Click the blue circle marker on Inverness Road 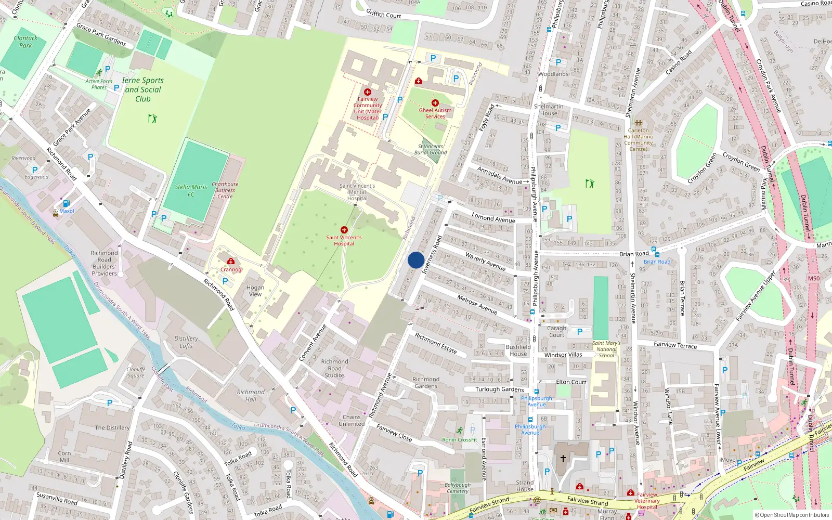pyautogui.click(x=416, y=260)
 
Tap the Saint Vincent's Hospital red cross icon pyautogui.click(x=344, y=230)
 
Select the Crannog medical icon pyautogui.click(x=231, y=262)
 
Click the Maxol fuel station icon pyautogui.click(x=66, y=203)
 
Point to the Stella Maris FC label pyautogui.click(x=190, y=190)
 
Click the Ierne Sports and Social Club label pyautogui.click(x=142, y=89)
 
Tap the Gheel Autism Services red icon pyautogui.click(x=435, y=103)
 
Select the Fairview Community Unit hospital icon pyautogui.click(x=368, y=92)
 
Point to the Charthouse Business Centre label pyautogui.click(x=225, y=190)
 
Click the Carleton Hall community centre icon pyautogui.click(x=638, y=123)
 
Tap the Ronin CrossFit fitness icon pyautogui.click(x=459, y=431)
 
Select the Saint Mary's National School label pyautogui.click(x=606, y=349)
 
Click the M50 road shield pyautogui.click(x=813, y=278)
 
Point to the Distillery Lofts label pyautogui.click(x=186, y=342)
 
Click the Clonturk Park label pyautogui.click(x=25, y=42)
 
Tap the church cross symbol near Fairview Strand pyautogui.click(x=563, y=459)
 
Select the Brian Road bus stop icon pyautogui.click(x=656, y=254)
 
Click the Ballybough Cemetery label pyautogui.click(x=458, y=488)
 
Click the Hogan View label pyautogui.click(x=255, y=291)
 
